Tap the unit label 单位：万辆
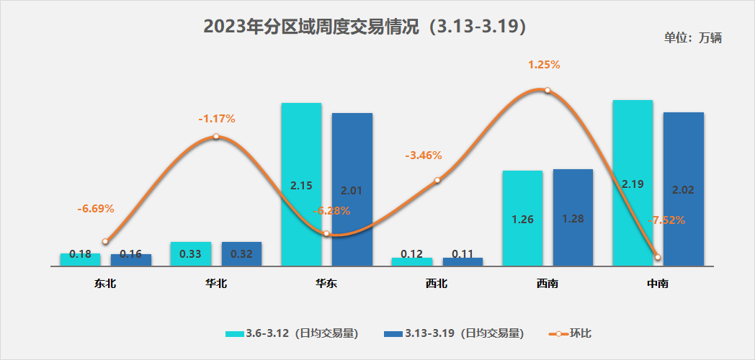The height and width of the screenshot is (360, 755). tap(692, 38)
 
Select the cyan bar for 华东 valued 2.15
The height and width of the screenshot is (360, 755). tap(301, 184)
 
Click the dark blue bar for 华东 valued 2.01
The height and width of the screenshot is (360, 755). tap(352, 189)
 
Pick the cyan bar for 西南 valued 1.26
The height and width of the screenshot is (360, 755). tap(522, 218)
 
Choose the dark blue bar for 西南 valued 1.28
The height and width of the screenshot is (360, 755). tap(573, 217)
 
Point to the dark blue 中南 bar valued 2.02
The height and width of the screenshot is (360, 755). tap(683, 189)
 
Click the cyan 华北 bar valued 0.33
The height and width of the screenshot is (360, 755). tap(191, 253)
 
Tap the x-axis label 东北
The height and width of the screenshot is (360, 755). tap(105, 284)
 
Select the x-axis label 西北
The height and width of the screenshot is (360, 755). tap(437, 284)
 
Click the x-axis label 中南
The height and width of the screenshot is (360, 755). tap(658, 284)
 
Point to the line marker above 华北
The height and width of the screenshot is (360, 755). tap(215, 136)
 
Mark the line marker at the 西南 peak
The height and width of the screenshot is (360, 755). tap(548, 90)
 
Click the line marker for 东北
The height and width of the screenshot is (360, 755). tap(105, 241)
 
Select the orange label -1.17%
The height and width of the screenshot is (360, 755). tap(217, 119)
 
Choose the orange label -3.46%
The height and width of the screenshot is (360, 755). tap(424, 156)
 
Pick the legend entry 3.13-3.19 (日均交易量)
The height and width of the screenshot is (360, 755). tap(454, 333)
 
